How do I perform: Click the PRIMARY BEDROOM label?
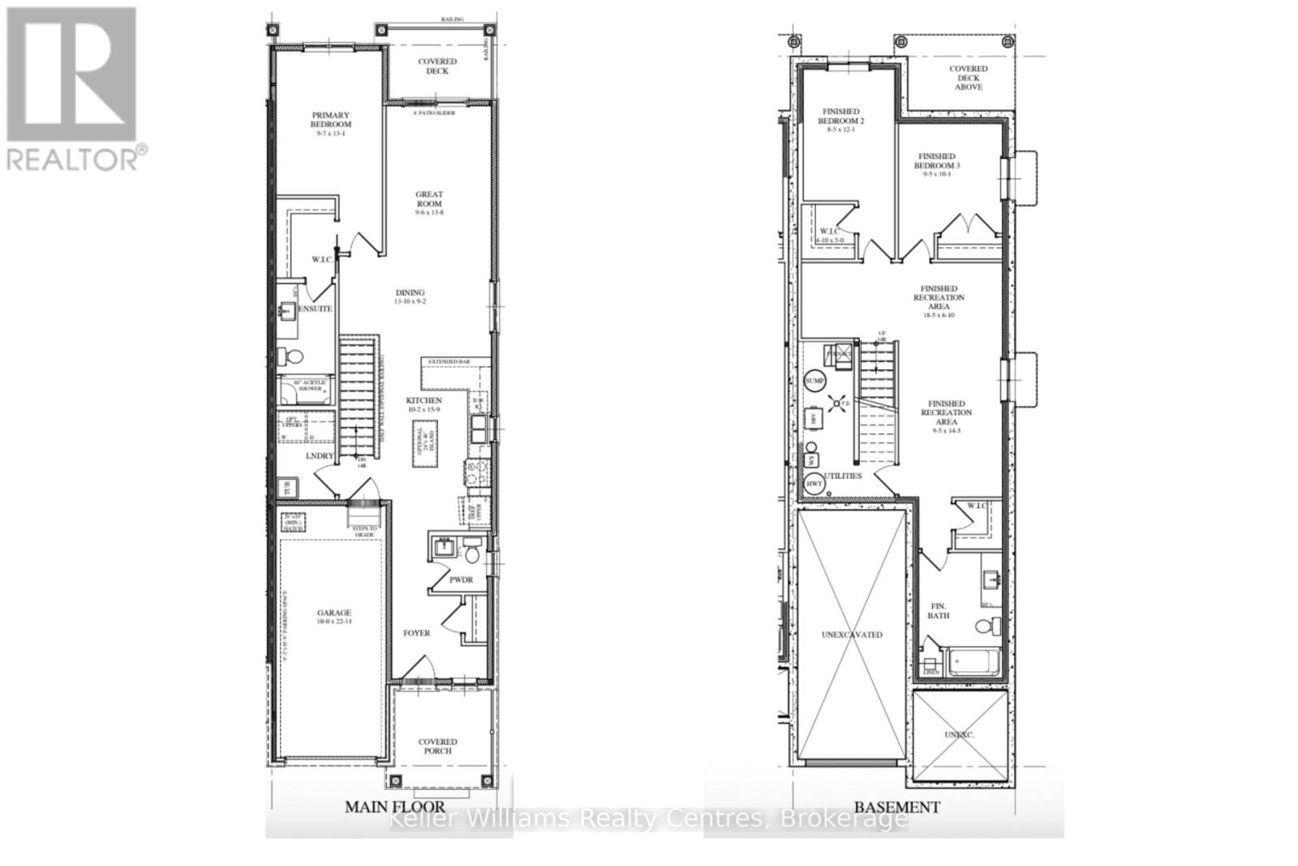[x=330, y=120]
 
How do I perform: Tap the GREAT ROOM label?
[x=429, y=200]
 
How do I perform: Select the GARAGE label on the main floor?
[x=333, y=614]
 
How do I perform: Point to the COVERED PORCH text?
[x=437, y=746]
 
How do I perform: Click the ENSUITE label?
[x=316, y=309]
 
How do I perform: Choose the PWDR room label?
[x=461, y=579]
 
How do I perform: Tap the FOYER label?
[x=417, y=633]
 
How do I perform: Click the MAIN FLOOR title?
[x=395, y=807]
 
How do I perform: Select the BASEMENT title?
[x=896, y=807]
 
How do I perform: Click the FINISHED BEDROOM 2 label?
[x=840, y=116]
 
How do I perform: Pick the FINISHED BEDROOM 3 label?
[x=937, y=161]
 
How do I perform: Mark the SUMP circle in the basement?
[x=814, y=381]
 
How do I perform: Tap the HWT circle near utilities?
[x=814, y=484]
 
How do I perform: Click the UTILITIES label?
[x=843, y=476]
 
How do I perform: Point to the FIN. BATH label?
[x=939, y=610]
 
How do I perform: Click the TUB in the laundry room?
[x=286, y=489]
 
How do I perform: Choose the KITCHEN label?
[x=424, y=401]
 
